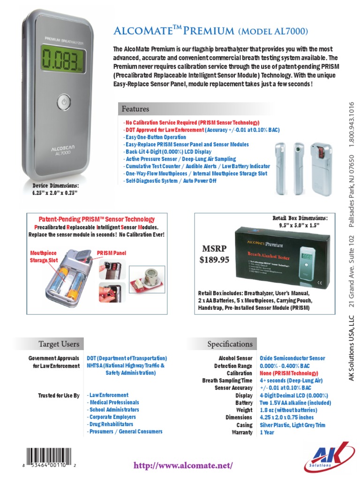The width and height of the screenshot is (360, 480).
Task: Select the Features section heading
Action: tap(135, 109)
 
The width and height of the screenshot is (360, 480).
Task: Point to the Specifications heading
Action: tap(230, 344)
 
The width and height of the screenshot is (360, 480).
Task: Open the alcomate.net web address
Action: tap(183, 465)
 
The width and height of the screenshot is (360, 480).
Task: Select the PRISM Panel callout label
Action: tap(111, 253)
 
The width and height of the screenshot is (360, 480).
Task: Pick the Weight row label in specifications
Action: tap(244, 410)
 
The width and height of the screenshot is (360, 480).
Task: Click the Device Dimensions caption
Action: tap(52, 189)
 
